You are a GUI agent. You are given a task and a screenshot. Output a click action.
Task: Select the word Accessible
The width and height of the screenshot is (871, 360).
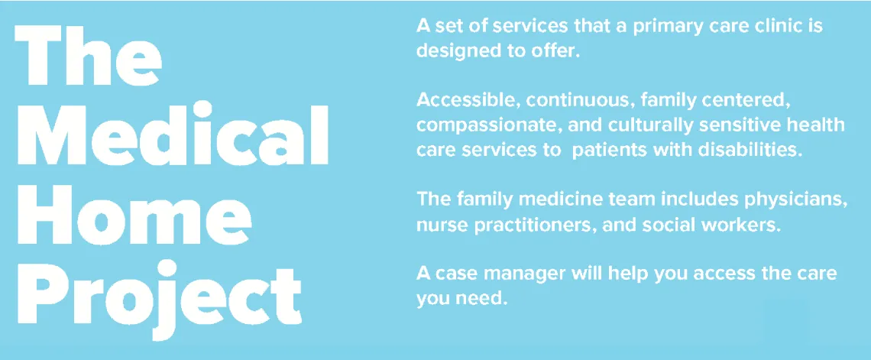[x=463, y=101]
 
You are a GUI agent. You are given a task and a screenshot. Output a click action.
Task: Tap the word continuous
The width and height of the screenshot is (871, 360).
[x=580, y=101]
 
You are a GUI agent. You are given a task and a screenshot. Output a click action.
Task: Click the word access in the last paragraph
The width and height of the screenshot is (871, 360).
[x=714, y=274]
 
